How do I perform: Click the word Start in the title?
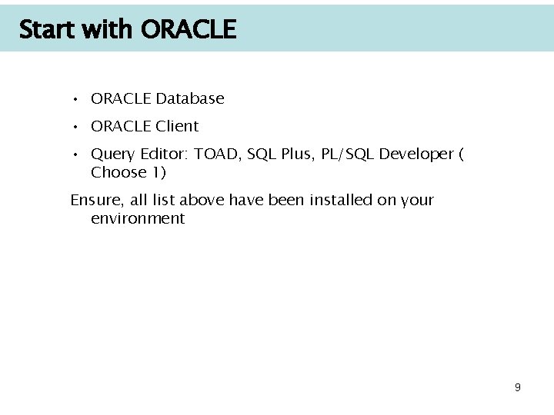[46, 30]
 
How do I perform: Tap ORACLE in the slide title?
[189, 30]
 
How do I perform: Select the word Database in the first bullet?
[189, 98]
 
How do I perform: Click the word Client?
[177, 126]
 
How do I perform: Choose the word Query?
[112, 154]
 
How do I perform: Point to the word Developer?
[417, 154]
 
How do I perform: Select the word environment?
[138, 218]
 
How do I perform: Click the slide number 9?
[518, 387]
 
